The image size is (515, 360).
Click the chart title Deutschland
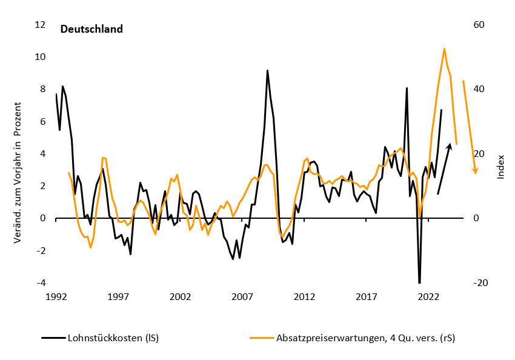[91, 29]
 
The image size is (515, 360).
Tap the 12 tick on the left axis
[40, 25]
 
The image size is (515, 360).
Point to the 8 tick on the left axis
[42, 89]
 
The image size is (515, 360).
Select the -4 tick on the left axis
[40, 283]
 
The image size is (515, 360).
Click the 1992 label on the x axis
[56, 298]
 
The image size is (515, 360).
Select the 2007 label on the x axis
[242, 298]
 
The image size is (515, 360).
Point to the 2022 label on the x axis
[428, 298]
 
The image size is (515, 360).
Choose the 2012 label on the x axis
[304, 298]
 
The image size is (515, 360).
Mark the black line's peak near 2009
[267, 71]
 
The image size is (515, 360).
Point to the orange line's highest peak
[444, 48]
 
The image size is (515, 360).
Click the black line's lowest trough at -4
[419, 282]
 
